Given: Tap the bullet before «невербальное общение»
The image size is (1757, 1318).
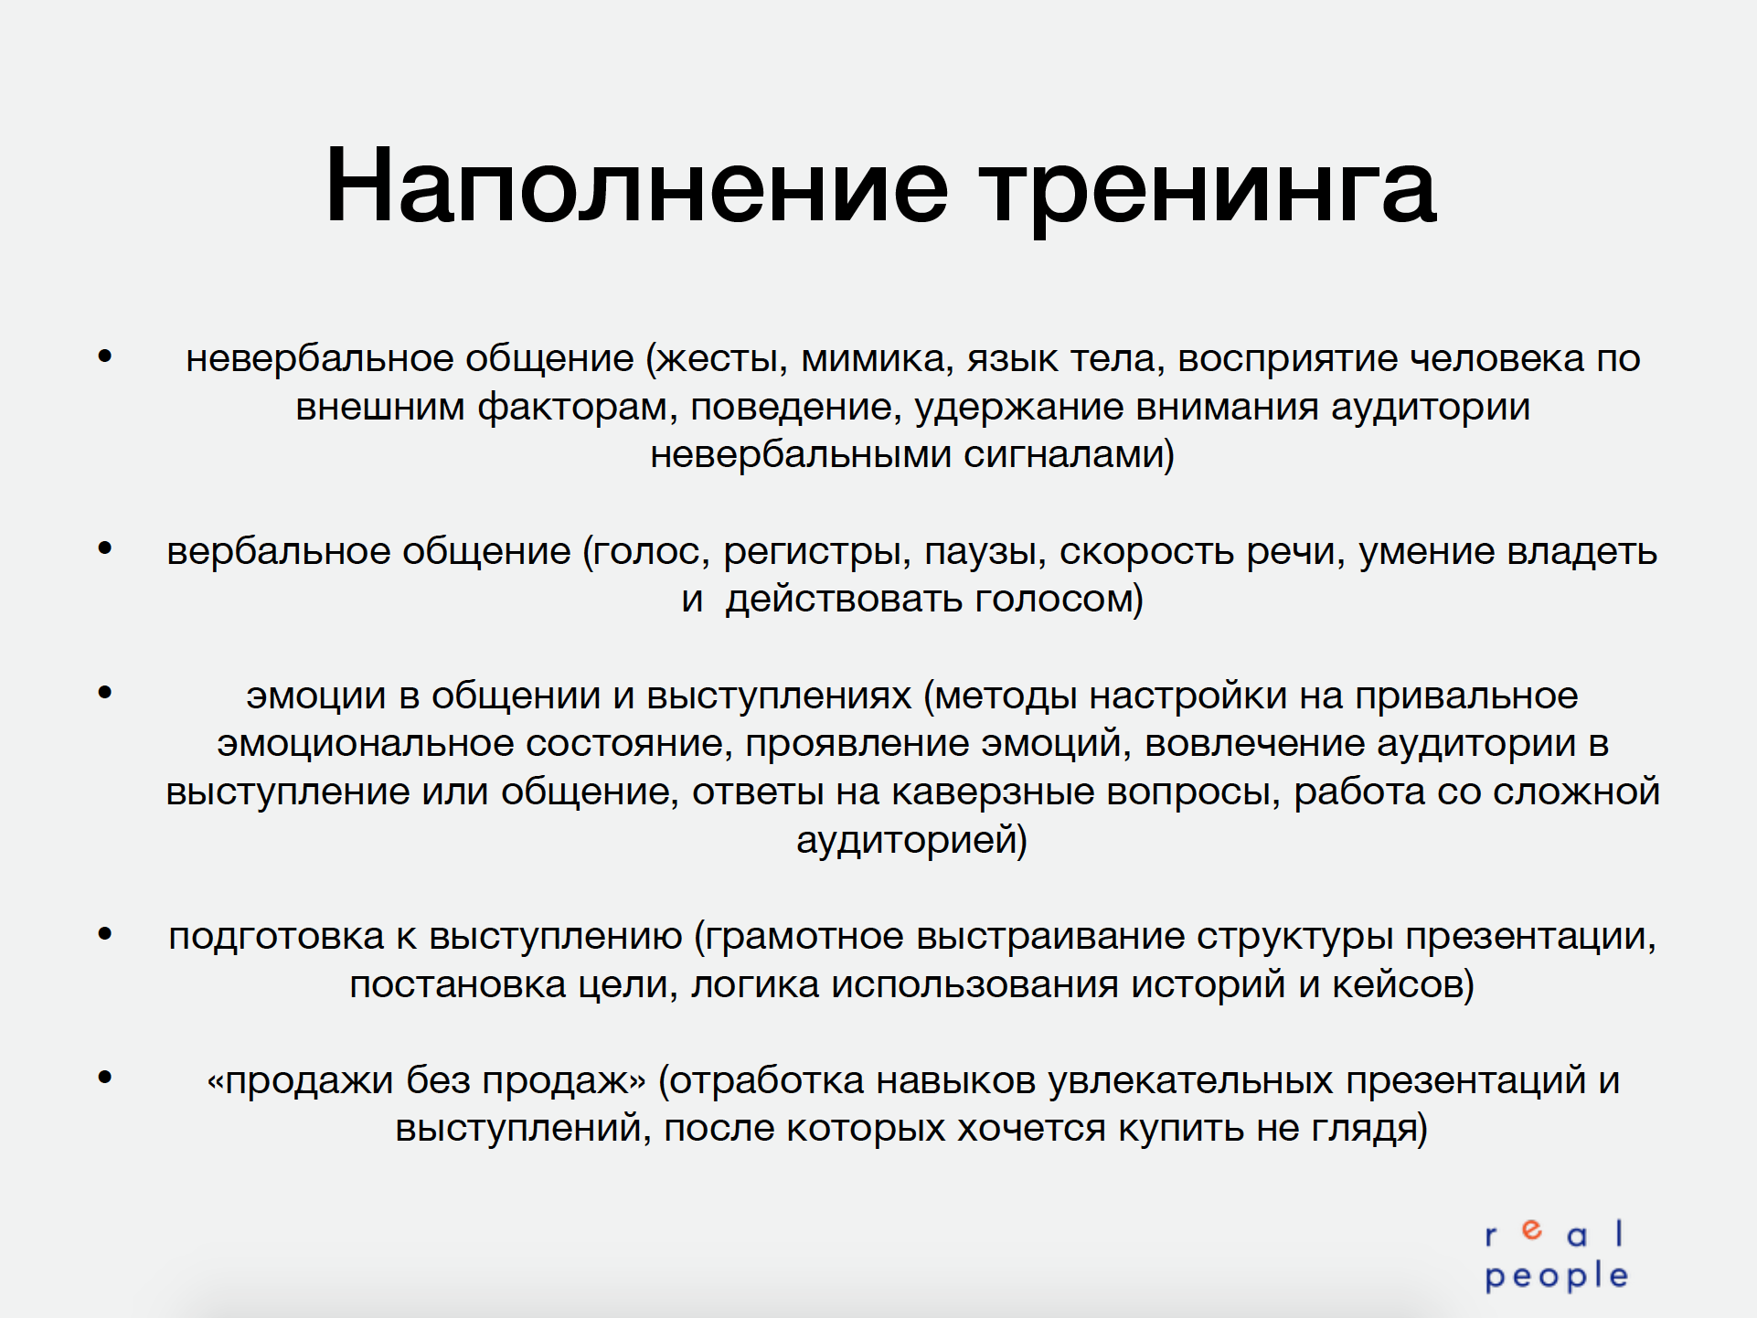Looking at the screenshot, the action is pos(105,356).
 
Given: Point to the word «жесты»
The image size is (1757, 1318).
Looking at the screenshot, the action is pos(722,359).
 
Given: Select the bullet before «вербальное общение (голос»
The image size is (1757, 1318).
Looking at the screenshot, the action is pos(105,548).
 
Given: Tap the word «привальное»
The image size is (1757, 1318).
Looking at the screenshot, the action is pos(1466,696).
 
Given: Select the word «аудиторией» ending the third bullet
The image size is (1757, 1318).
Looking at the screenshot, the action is pos(911,840).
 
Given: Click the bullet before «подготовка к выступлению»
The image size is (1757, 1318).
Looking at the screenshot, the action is pos(105,934).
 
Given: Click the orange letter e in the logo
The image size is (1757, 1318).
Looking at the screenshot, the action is pos(1532,1230).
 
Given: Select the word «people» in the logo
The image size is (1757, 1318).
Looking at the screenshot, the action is pos(1557,1277).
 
